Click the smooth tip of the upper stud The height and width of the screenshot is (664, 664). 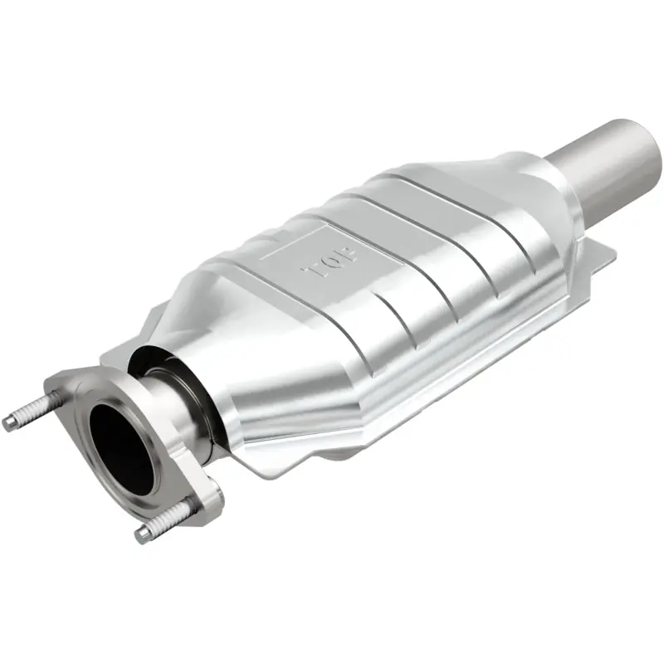pos(9,423)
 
